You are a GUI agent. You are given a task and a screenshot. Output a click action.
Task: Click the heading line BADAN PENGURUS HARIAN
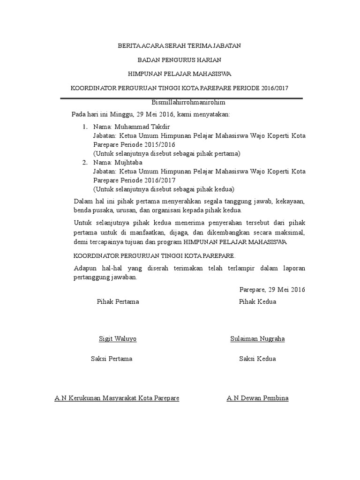pos(180,60)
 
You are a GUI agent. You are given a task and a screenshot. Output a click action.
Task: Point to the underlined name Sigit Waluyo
pos(118,339)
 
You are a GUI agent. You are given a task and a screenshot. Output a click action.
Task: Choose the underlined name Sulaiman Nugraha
pos(257,339)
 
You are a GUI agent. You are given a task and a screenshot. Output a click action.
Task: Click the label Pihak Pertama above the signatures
pos(118,301)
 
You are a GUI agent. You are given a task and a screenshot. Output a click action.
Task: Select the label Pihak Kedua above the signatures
pos(257,301)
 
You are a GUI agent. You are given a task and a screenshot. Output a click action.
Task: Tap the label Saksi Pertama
pos(112,359)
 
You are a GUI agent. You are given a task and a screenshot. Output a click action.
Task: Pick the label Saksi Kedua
pos(257,359)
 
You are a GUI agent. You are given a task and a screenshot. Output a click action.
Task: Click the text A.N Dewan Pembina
pos(257,398)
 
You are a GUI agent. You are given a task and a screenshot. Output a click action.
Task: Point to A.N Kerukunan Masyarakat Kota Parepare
pos(117,398)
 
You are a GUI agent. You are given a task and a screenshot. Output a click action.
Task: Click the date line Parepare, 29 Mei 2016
pos(272,290)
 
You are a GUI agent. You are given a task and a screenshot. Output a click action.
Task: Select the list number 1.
pos(85,127)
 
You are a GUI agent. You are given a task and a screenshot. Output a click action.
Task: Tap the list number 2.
pos(85,163)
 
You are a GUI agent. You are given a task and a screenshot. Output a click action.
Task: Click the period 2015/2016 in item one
pos(160,145)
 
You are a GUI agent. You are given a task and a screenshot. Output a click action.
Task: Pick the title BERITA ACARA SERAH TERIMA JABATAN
pos(180,46)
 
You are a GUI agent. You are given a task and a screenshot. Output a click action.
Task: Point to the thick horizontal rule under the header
pos(181,98)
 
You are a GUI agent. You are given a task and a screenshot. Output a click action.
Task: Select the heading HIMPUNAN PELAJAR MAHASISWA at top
pos(180,74)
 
